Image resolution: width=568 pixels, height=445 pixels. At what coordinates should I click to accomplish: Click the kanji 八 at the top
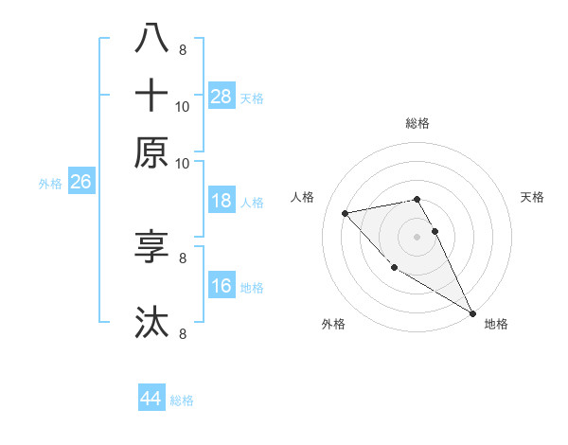152,39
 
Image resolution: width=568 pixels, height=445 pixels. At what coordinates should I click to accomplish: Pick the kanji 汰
152,323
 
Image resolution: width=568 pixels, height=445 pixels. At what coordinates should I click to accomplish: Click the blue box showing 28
221,96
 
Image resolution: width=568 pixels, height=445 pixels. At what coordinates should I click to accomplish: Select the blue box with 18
221,201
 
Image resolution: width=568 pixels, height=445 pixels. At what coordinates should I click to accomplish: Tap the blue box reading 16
221,286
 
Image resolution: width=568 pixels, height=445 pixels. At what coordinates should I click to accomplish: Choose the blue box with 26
80,182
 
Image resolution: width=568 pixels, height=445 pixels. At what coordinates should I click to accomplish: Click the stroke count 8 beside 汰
182,333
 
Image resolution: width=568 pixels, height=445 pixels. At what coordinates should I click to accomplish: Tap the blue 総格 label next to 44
182,400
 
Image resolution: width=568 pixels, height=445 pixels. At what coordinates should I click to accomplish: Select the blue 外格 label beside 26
49,184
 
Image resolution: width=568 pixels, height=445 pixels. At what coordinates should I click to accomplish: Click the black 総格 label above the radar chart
417,123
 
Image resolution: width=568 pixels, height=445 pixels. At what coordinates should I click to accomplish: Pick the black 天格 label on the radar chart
532,197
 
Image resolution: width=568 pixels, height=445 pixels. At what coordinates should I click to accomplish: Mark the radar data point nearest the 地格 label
472,312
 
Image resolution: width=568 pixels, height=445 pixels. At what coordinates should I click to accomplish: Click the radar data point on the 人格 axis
346,213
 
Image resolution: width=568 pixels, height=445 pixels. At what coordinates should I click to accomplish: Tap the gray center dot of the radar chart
417,236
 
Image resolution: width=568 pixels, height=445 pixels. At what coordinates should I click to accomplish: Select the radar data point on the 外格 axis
395,267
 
